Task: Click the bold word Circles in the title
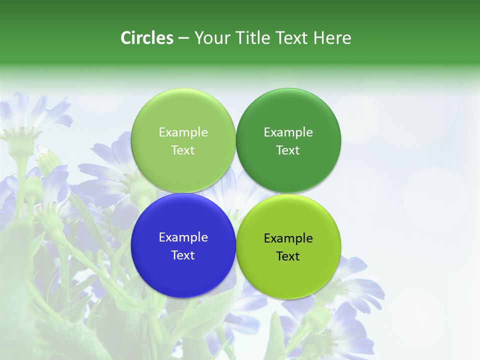point(146,38)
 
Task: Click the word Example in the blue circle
point(183,237)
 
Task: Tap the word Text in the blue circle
point(183,255)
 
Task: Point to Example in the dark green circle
point(288,132)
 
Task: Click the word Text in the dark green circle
point(288,150)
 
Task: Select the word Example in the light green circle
point(183,132)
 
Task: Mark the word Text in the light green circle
point(183,150)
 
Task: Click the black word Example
point(288,238)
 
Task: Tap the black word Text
point(288,256)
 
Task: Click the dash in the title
point(183,38)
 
